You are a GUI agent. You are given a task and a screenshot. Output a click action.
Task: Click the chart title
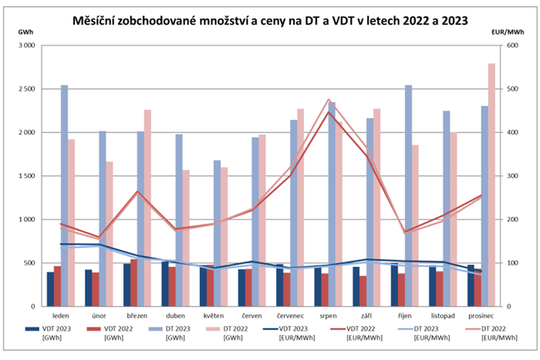click(270, 18)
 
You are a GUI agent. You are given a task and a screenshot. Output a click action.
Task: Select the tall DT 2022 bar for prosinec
click(492, 185)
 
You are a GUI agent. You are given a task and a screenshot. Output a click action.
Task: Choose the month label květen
click(214, 316)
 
